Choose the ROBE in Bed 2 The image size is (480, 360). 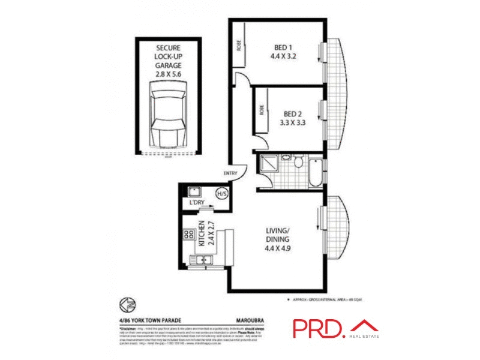click(262, 110)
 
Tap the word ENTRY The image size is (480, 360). click(230, 174)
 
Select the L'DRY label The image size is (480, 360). click(197, 203)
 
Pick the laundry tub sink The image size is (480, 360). click(194, 192)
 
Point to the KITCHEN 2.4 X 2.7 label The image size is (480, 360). click(206, 235)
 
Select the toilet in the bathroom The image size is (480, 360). click(286, 160)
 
